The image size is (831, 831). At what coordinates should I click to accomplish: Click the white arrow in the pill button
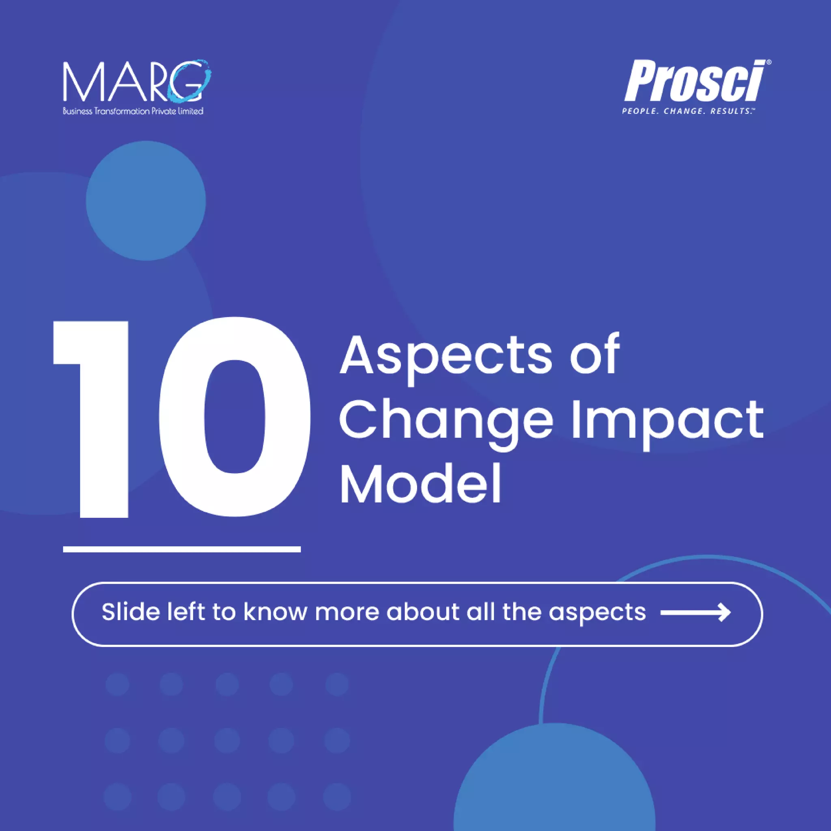pyautogui.click(x=695, y=612)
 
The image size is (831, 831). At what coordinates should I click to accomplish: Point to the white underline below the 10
pyautogui.click(x=181, y=549)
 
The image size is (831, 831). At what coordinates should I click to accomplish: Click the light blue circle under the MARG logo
pyautogui.click(x=146, y=200)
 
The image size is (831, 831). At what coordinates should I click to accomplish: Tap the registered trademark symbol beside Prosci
pyautogui.click(x=769, y=62)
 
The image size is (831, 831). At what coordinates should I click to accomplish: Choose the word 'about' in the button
pyautogui.click(x=423, y=611)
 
